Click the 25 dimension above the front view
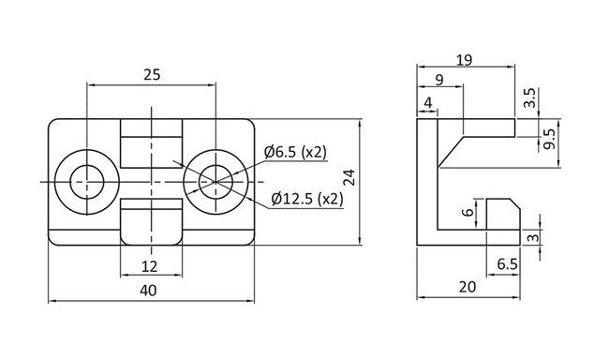tap(152, 74)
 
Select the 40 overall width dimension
tap(148, 290)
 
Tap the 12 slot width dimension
tap(150, 266)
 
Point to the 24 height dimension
tap(349, 177)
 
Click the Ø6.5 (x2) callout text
tap(295, 152)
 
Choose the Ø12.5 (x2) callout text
tap(307, 199)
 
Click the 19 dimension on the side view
tap(464, 60)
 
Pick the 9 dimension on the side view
tap(439, 80)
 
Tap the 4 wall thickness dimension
tap(428, 102)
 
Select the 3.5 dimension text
tap(529, 97)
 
